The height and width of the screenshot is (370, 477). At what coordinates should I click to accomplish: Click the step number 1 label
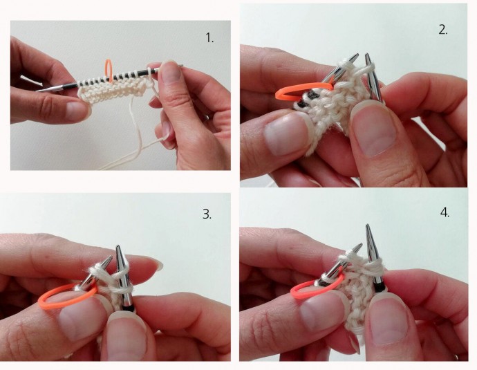(x=209, y=38)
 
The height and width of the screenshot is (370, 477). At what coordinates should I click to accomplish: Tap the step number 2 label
(x=443, y=30)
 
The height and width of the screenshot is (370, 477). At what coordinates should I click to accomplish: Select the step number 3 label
(x=207, y=214)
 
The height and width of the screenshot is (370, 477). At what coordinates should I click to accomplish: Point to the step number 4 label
(x=445, y=212)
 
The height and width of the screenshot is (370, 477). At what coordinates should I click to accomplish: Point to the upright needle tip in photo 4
(x=368, y=227)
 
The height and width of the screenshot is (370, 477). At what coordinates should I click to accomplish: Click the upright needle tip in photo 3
(x=118, y=247)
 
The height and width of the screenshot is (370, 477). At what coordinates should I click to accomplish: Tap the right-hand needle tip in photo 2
(x=367, y=55)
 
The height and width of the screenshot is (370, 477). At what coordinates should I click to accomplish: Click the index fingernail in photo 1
(x=171, y=74)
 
